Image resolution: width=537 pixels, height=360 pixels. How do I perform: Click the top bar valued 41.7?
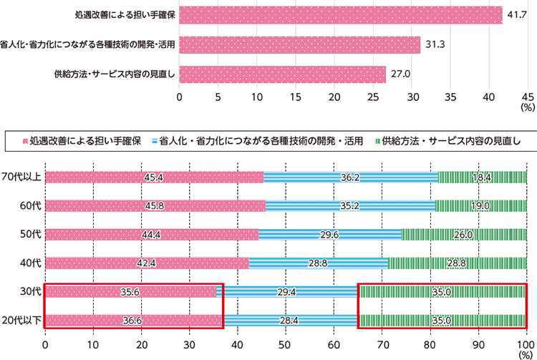tap(340, 15)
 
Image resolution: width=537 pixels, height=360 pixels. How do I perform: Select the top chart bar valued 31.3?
tap(299, 44)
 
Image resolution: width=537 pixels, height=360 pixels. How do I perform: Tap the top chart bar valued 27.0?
tap(283, 74)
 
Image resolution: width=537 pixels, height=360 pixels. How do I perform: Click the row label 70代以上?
tap(21, 177)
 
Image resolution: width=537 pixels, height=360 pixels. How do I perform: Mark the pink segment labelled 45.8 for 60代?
tap(155, 205)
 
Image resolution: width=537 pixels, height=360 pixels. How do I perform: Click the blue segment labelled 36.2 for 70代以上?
tap(351, 177)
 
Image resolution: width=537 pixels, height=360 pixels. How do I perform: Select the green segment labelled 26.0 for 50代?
tap(464, 234)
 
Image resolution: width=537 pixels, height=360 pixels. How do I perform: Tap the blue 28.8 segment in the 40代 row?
tap(319, 263)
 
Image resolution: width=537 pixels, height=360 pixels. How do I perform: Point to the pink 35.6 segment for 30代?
tap(130, 291)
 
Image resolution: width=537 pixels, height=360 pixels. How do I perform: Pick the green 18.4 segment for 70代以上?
tap(483, 177)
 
